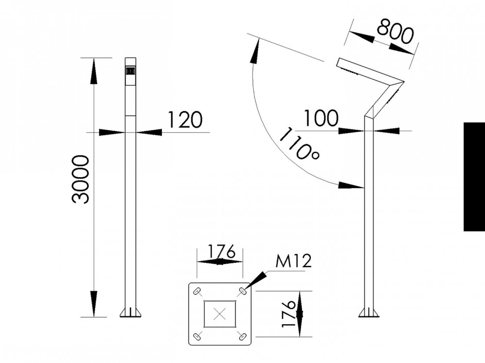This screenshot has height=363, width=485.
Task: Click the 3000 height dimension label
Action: pos(81,179)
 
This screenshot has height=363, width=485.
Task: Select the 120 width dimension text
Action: pos(184,120)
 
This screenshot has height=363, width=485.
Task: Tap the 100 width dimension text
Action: pos(321,118)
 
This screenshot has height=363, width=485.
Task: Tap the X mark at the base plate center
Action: pos(220,313)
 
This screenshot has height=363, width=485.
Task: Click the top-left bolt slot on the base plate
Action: pos(197,291)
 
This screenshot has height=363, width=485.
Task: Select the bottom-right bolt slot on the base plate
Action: pos(242,335)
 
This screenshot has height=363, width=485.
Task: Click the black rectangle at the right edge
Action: pos(474,177)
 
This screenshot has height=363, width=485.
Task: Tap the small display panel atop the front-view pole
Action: pos(130,71)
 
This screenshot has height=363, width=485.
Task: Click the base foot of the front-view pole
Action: pos(130,312)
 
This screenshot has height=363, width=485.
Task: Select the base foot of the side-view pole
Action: pos(369,312)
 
